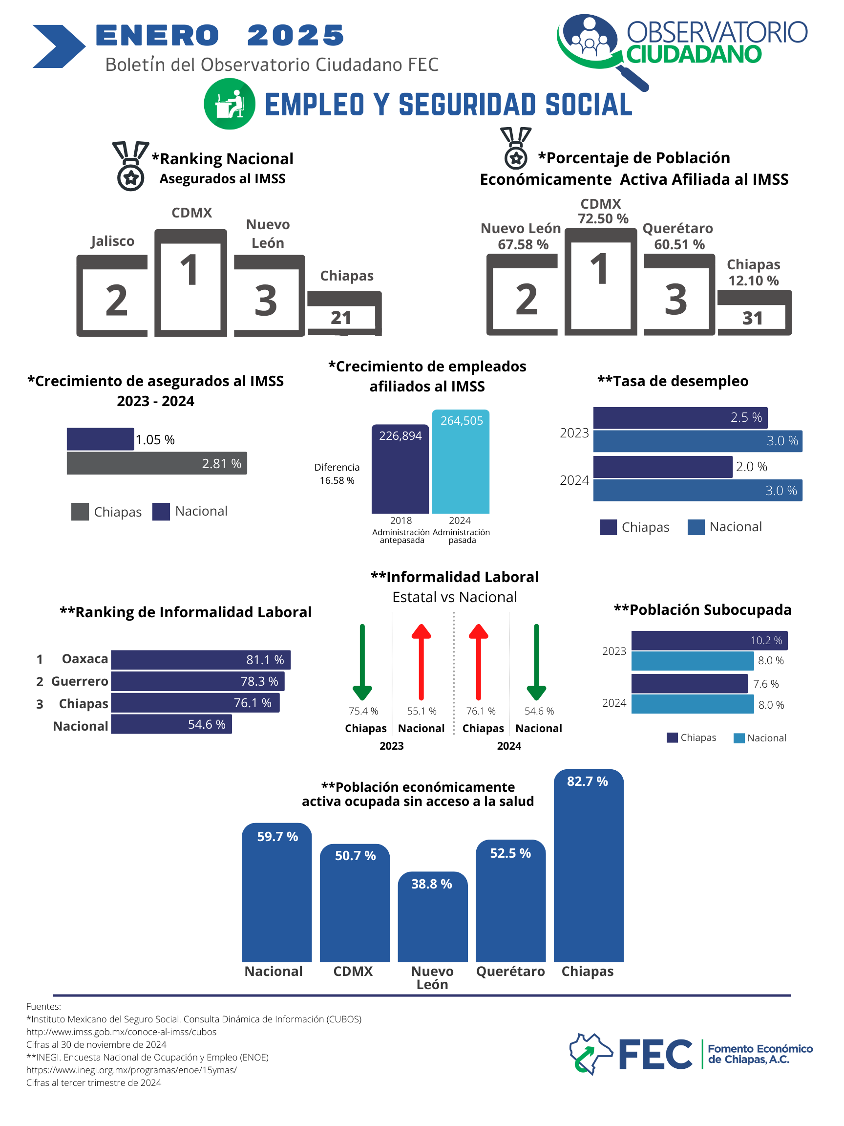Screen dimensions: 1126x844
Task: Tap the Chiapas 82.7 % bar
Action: point(588,870)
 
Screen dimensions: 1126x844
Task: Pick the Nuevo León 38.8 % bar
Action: point(432,921)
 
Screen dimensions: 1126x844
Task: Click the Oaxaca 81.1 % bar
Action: point(200,660)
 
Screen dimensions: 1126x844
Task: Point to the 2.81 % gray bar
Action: point(157,463)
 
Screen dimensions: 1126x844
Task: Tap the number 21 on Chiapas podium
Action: point(341,318)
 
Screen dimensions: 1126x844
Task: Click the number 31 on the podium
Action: point(753,318)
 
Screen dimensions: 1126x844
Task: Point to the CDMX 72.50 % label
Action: point(602,211)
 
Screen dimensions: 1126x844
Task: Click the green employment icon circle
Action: point(230,104)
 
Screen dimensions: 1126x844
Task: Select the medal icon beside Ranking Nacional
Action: point(131,166)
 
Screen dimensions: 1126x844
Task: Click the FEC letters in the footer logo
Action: point(655,1054)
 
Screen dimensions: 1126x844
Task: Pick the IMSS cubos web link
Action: point(121,1032)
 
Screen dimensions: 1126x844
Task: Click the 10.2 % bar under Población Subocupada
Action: point(709,640)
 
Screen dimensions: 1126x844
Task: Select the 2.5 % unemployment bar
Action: point(680,418)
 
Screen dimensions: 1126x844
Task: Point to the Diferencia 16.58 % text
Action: point(337,474)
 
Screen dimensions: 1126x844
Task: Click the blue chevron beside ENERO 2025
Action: point(59,46)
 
